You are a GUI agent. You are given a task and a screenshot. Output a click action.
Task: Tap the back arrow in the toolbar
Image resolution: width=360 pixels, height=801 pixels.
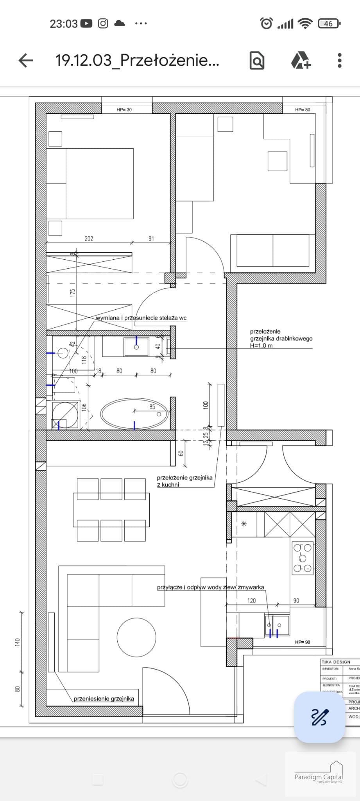tap(26, 61)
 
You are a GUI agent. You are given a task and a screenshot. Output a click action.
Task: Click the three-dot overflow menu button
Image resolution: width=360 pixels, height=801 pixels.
tap(339, 61)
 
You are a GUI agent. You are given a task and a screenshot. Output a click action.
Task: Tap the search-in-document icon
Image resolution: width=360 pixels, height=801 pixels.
tap(257, 61)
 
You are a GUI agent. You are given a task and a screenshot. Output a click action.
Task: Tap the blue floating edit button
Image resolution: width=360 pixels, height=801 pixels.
tap(319, 717)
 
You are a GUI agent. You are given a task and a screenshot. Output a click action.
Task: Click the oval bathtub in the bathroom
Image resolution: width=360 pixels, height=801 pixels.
tap(134, 414)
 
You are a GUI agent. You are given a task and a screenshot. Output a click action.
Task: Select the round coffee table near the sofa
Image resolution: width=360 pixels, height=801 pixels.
tap(136, 638)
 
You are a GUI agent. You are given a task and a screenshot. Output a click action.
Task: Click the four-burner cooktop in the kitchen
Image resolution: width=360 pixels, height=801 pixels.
tap(303, 558)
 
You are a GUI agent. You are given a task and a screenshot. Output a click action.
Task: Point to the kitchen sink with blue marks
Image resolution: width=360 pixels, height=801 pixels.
tap(277, 625)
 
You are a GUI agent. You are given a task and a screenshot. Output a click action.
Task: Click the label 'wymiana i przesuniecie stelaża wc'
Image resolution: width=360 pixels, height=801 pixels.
tap(141, 318)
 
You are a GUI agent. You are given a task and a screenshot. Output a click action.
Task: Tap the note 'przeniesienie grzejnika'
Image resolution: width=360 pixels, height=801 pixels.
tap(104, 699)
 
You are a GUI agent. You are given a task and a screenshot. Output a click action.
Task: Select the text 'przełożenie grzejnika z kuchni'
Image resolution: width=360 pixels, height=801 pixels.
tap(184, 481)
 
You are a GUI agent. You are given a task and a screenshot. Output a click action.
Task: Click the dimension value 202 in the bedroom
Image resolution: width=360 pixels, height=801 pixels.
tap(89, 239)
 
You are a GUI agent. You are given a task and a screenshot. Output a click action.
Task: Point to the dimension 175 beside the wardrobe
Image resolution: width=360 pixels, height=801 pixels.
tap(73, 293)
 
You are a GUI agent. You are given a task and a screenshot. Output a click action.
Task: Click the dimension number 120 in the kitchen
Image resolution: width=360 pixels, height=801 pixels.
tap(251, 601)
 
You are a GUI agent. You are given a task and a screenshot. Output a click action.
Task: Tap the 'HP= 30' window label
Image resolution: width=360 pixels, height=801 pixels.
tap(124, 110)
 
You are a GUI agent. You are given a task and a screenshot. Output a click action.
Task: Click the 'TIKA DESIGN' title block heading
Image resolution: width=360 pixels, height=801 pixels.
tap(336, 662)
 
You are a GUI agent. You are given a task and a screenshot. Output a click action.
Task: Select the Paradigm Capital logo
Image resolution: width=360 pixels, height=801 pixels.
tap(319, 774)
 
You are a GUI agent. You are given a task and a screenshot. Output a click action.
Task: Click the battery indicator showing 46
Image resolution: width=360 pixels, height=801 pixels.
tap(329, 24)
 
